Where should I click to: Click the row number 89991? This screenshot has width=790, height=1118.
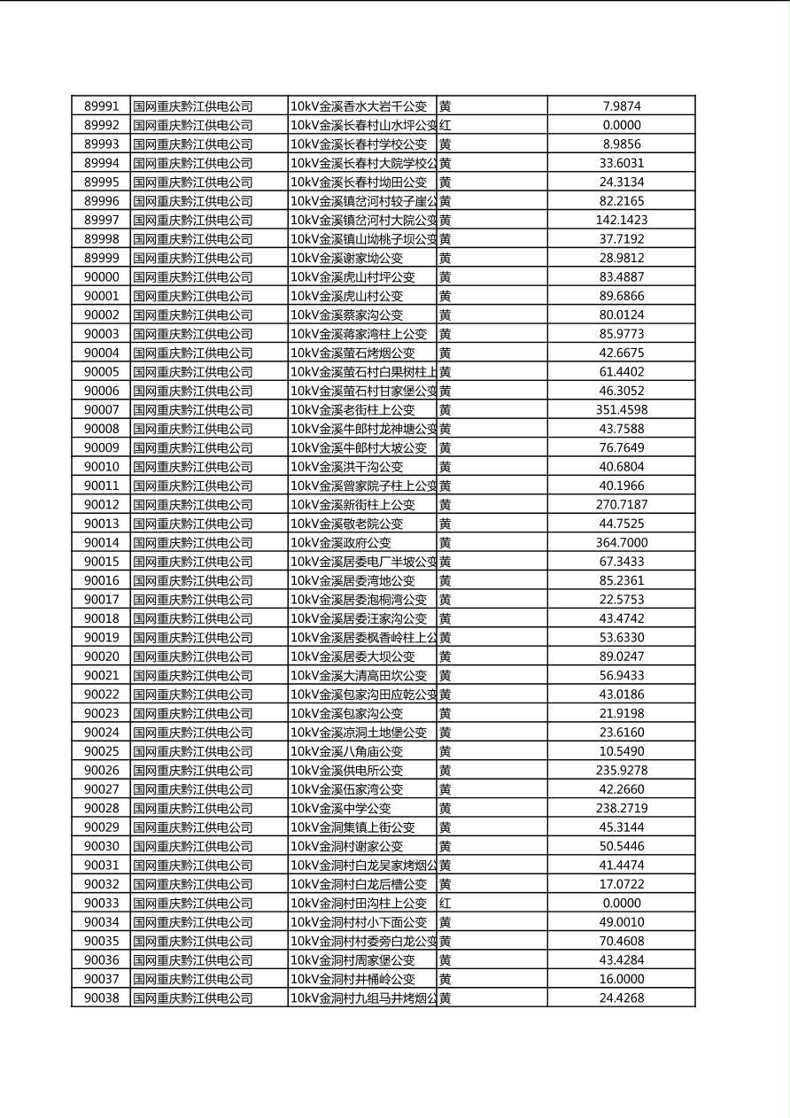(x=101, y=106)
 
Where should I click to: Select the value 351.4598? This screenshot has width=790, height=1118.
(x=621, y=410)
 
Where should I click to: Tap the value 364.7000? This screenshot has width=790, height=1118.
(x=621, y=543)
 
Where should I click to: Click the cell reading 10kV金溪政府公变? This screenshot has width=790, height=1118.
(x=341, y=543)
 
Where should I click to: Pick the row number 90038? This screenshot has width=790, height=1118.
(x=101, y=998)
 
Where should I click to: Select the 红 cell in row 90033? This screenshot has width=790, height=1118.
(x=445, y=904)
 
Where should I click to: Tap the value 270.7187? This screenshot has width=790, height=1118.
(x=621, y=505)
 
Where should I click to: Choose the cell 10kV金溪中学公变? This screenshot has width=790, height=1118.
(x=341, y=809)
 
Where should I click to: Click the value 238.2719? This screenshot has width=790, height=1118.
(x=621, y=809)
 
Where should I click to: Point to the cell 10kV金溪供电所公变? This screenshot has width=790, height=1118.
(x=347, y=771)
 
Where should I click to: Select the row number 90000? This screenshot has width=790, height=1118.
(x=101, y=277)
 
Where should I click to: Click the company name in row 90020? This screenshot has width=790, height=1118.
(x=193, y=656)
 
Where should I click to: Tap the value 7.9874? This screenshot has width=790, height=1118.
(x=621, y=106)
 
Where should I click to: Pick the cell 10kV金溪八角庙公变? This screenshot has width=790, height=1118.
(x=347, y=751)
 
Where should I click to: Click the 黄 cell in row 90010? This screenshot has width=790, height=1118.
(x=445, y=467)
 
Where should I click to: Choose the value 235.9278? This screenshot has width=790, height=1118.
(x=621, y=771)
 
